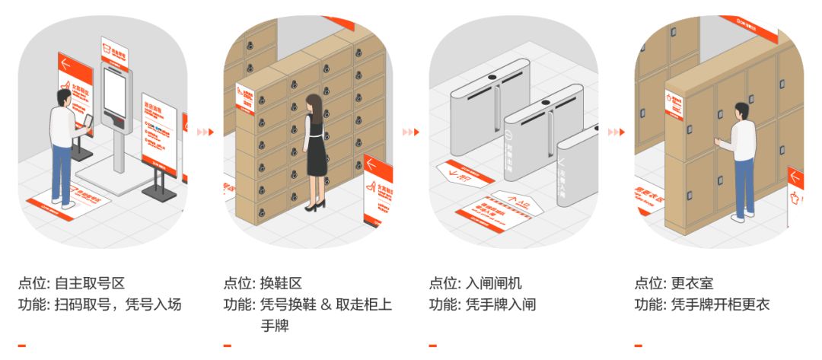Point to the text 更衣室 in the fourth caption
pos(692,284)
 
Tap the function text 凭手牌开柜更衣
pos(720,305)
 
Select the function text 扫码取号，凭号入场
pos(118,305)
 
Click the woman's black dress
pos(315,155)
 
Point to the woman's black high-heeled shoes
pos(314,205)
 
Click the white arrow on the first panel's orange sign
pos(66,64)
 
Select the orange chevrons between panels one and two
pos(205,132)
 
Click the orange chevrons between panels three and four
pos(616,132)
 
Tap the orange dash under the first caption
pos(22,346)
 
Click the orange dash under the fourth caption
pos(639,346)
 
